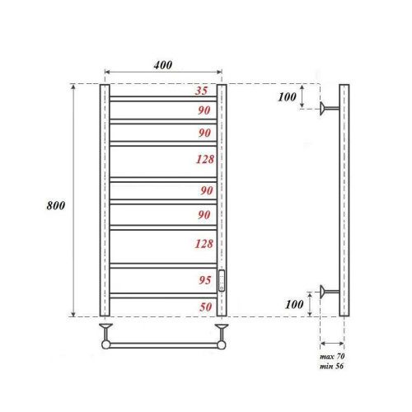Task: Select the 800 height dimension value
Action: click(56, 204)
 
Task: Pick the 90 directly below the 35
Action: click(204, 110)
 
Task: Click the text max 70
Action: click(331, 354)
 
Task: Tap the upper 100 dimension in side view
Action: click(287, 97)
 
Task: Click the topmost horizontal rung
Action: click(163, 99)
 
